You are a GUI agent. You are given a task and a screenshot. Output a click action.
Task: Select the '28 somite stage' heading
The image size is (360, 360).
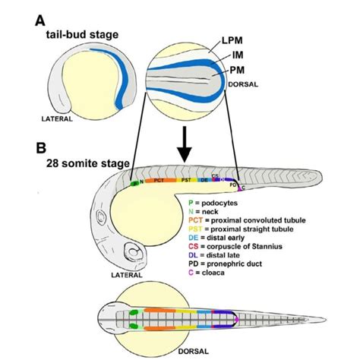click(x=87, y=163)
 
